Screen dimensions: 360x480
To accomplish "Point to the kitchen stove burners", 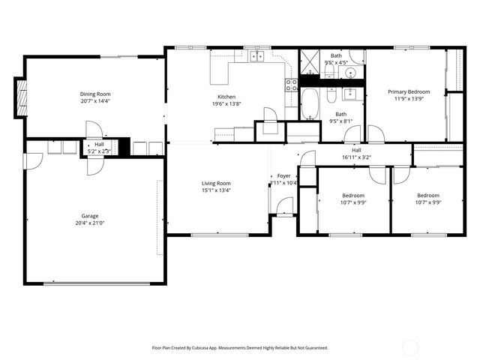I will pyautogui.click(x=290, y=85).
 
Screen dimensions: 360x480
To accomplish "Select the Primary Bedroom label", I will pyautogui.click(x=409, y=91).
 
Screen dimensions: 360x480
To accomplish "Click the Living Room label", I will pyautogui.click(x=216, y=183).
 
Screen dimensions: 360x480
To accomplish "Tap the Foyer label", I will pyautogui.click(x=283, y=175).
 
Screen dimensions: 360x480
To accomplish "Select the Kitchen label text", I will pyautogui.click(x=226, y=97).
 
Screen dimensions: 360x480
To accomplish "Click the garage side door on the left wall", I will pyautogui.click(x=33, y=161).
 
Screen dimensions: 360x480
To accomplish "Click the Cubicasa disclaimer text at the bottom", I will pyautogui.click(x=240, y=348).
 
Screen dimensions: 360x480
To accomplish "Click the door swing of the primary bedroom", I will pyautogui.click(x=375, y=135).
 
